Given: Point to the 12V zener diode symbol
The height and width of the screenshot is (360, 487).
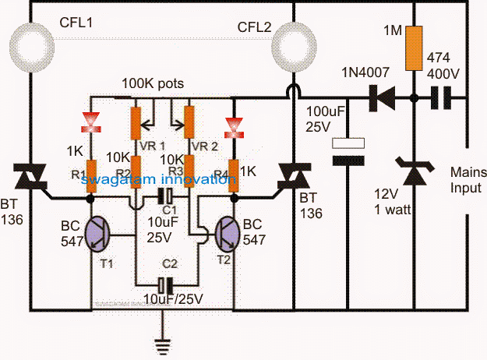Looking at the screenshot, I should (x=414, y=168).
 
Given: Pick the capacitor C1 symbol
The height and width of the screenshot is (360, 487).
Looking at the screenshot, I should (x=164, y=197).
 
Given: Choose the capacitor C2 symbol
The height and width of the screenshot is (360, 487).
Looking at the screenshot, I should (x=164, y=284).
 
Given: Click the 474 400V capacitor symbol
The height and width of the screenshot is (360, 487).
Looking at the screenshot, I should (x=443, y=98).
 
